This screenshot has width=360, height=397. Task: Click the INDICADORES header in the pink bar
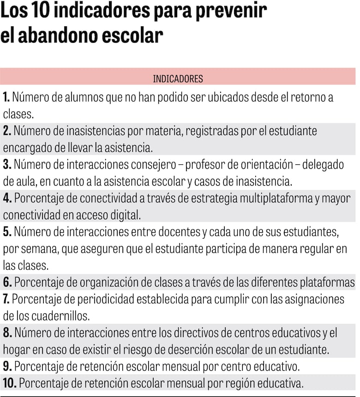pos(178,79)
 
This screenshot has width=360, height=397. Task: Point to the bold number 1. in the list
pos(6,97)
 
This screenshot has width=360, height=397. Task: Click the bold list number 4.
pos(7,198)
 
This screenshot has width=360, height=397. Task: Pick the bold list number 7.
pos(6,299)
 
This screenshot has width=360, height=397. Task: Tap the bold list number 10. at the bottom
pos(10,383)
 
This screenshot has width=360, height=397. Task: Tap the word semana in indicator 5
pos(35,249)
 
